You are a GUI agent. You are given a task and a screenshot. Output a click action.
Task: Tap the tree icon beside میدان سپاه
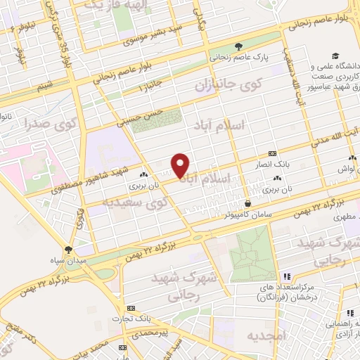[x=68, y=249]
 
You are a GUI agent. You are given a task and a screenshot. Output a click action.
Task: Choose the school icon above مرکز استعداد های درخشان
[x=285, y=276]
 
